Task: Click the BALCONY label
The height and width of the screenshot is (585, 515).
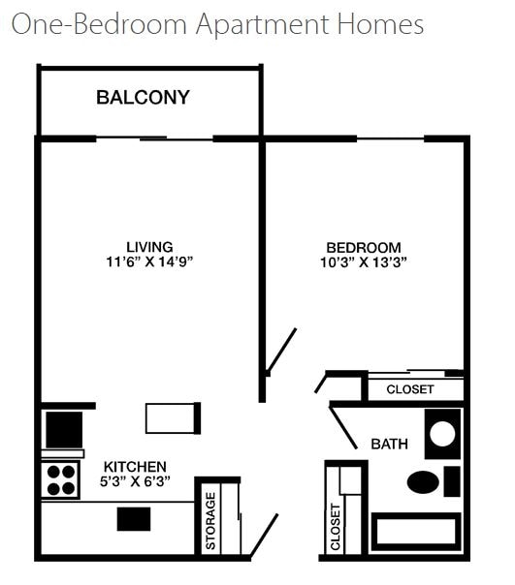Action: [x=143, y=98]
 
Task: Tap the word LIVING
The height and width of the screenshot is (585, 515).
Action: [x=150, y=247]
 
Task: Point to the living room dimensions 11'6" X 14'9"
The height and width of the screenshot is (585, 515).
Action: [x=150, y=262]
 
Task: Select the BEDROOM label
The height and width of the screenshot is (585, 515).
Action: [x=363, y=247]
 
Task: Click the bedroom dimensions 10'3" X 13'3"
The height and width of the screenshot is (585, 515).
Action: [x=363, y=262]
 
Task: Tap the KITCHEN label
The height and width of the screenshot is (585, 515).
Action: [x=135, y=467]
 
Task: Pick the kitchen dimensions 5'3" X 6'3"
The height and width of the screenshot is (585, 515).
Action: [x=135, y=481]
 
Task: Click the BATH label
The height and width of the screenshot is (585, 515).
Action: [x=389, y=445]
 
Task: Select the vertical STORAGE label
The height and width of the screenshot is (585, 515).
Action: [x=210, y=522]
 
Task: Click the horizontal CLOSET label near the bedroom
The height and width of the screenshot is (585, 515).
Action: [x=410, y=389]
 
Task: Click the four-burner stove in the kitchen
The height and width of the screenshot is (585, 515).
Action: [x=61, y=479]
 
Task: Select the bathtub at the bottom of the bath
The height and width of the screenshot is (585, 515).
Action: [x=415, y=532]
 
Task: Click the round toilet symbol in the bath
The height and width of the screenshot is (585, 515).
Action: [x=442, y=432]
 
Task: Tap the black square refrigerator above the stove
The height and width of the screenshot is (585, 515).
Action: [x=64, y=429]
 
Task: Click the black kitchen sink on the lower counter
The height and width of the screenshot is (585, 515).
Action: [x=134, y=519]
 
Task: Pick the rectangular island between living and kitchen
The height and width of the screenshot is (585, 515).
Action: [x=173, y=417]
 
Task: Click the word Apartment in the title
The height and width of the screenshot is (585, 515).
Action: [x=256, y=24]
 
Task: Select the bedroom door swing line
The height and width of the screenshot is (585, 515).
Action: [x=281, y=351]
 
